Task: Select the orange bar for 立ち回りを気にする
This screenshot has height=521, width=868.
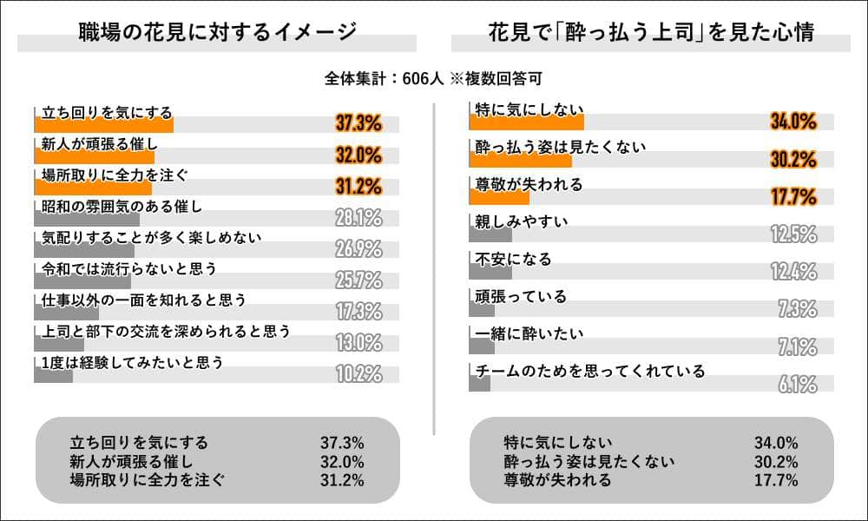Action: pos(104,125)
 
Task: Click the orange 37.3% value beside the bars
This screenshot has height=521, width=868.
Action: pos(358,123)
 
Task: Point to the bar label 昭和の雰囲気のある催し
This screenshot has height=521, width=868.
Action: pos(122,206)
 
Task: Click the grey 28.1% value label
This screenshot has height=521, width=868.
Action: pos(358,217)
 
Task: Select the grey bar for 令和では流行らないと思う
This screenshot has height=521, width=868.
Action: pos(82,281)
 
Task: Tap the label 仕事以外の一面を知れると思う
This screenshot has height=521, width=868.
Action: pos(144,300)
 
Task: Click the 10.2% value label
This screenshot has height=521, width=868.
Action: pos(358,374)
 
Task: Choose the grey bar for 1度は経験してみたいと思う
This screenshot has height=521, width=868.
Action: pos(54,375)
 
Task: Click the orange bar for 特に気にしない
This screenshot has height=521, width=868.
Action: pos(526,122)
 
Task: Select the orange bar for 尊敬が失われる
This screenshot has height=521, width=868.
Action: pos(499,197)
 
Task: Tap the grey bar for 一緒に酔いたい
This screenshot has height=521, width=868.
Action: pos(481,346)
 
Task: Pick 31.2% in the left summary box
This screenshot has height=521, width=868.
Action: pos(342,479)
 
